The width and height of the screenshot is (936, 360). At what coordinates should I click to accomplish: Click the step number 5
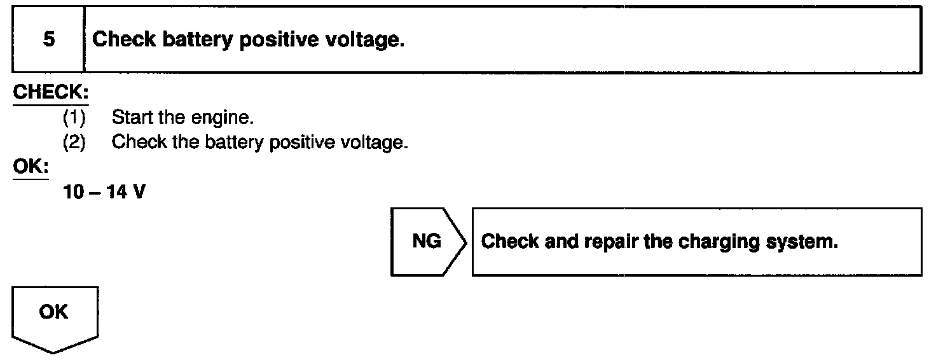[48, 40]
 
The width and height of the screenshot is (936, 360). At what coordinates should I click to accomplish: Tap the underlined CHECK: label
[50, 92]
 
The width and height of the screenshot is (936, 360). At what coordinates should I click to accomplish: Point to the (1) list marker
[74, 117]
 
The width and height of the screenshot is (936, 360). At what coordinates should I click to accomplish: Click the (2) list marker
[74, 142]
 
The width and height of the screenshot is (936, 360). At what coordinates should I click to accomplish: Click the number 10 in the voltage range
[74, 192]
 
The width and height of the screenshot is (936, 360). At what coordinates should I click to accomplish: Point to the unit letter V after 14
[138, 192]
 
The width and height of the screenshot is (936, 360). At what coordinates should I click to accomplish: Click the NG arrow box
[427, 242]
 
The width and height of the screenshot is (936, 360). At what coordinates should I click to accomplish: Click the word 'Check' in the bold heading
[124, 40]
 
